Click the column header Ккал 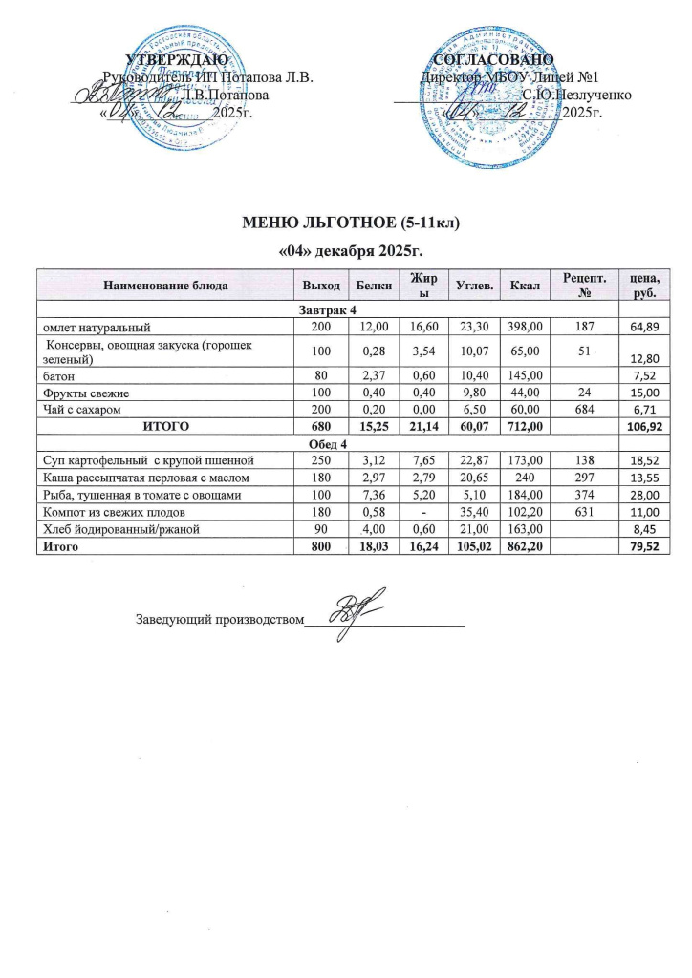pos(525,285)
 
